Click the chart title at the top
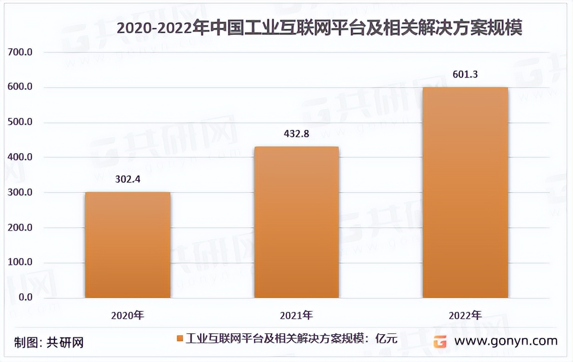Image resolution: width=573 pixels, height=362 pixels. pyautogui.click(x=319, y=28)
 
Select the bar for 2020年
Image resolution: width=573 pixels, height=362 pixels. pyautogui.click(x=127, y=245)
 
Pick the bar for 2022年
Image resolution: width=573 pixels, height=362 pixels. pyautogui.click(x=465, y=192)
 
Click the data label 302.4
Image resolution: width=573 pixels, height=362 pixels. pyautogui.click(x=127, y=179)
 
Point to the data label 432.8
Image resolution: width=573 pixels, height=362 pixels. pyautogui.click(x=296, y=134)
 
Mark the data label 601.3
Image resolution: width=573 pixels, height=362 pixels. pyautogui.click(x=465, y=74)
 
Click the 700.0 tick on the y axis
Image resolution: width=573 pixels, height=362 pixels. pyautogui.click(x=20, y=52)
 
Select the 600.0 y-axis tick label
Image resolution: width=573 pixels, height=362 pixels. pyautogui.click(x=20, y=87)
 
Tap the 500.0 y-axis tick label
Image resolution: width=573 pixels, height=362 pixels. pyautogui.click(x=20, y=123)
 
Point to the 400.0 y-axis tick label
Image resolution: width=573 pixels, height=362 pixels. pyautogui.click(x=20, y=157)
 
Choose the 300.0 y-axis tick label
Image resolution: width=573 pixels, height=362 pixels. pyautogui.click(x=20, y=193)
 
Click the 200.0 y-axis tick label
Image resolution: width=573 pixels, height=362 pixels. pyautogui.click(x=20, y=227)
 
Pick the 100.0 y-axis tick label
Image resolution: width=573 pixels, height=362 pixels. pyautogui.click(x=20, y=262)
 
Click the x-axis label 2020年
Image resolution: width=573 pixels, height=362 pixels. pyautogui.click(x=127, y=316)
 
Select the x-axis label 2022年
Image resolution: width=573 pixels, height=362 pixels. pyautogui.click(x=465, y=316)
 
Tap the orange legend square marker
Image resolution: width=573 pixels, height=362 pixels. pyautogui.click(x=180, y=339)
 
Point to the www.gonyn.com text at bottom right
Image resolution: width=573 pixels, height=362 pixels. pyautogui.click(x=506, y=341)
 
